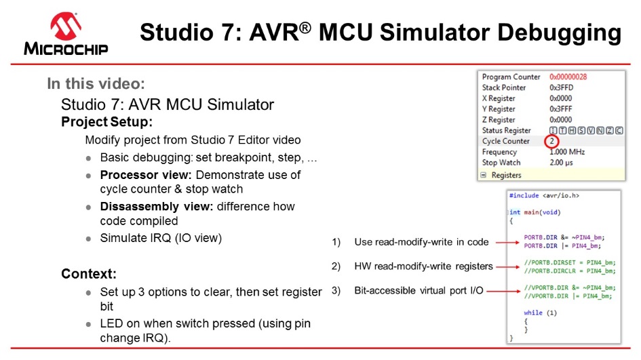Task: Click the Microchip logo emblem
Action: pos(66,25)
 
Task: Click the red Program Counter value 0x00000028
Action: pos(568,77)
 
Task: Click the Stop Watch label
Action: pos(501,163)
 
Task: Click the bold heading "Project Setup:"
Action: pos(106,123)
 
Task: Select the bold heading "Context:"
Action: pos(90,274)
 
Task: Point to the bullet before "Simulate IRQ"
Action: pos(89,239)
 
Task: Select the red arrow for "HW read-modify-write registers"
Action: pos(506,266)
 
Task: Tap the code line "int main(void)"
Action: pos(535,212)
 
